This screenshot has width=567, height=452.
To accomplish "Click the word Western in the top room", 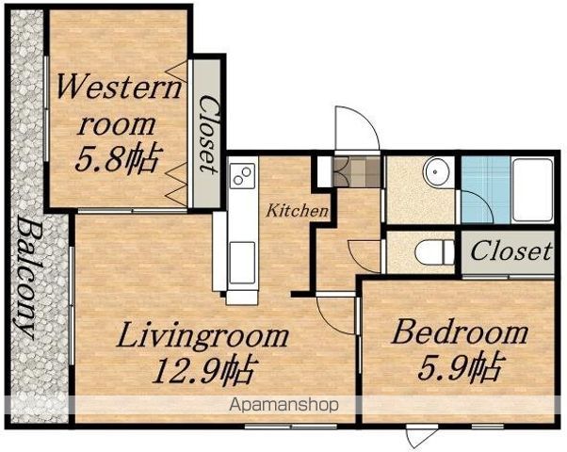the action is pyautogui.click(x=118, y=86).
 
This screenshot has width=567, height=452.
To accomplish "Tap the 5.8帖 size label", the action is pyautogui.click(x=117, y=159).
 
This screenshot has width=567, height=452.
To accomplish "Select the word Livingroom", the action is pyautogui.click(x=202, y=337).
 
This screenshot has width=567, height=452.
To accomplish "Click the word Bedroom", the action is pyautogui.click(x=460, y=332).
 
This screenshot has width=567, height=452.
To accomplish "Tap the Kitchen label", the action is pyautogui.click(x=298, y=210).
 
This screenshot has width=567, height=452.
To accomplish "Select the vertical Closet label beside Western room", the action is pyautogui.click(x=208, y=134).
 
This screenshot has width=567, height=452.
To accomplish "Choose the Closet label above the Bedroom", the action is pyautogui.click(x=511, y=250).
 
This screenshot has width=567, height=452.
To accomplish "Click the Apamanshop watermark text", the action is pyautogui.click(x=283, y=405).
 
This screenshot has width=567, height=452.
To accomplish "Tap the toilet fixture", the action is pyautogui.click(x=434, y=251).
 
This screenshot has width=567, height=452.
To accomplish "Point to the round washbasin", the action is pyautogui.click(x=436, y=171).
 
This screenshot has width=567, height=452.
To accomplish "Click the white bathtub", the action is pyautogui.click(x=533, y=190).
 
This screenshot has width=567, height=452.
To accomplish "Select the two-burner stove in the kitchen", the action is pyautogui.click(x=242, y=176).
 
